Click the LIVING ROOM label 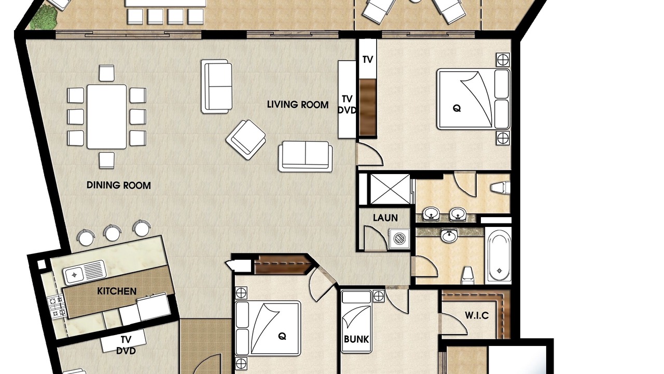tap(298, 104)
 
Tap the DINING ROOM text tap(119, 185)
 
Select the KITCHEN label tap(117, 291)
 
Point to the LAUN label tap(385, 218)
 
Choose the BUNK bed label tap(356, 339)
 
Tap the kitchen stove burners tap(57, 306)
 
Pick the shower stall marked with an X tap(390, 189)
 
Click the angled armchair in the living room tap(246, 140)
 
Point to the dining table tap(107, 117)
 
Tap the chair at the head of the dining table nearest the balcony tap(107, 73)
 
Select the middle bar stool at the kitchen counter tap(113, 233)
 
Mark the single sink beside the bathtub tap(449, 236)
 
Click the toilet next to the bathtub tap(467, 275)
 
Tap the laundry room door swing tap(375, 237)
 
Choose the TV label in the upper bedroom tap(368, 60)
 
